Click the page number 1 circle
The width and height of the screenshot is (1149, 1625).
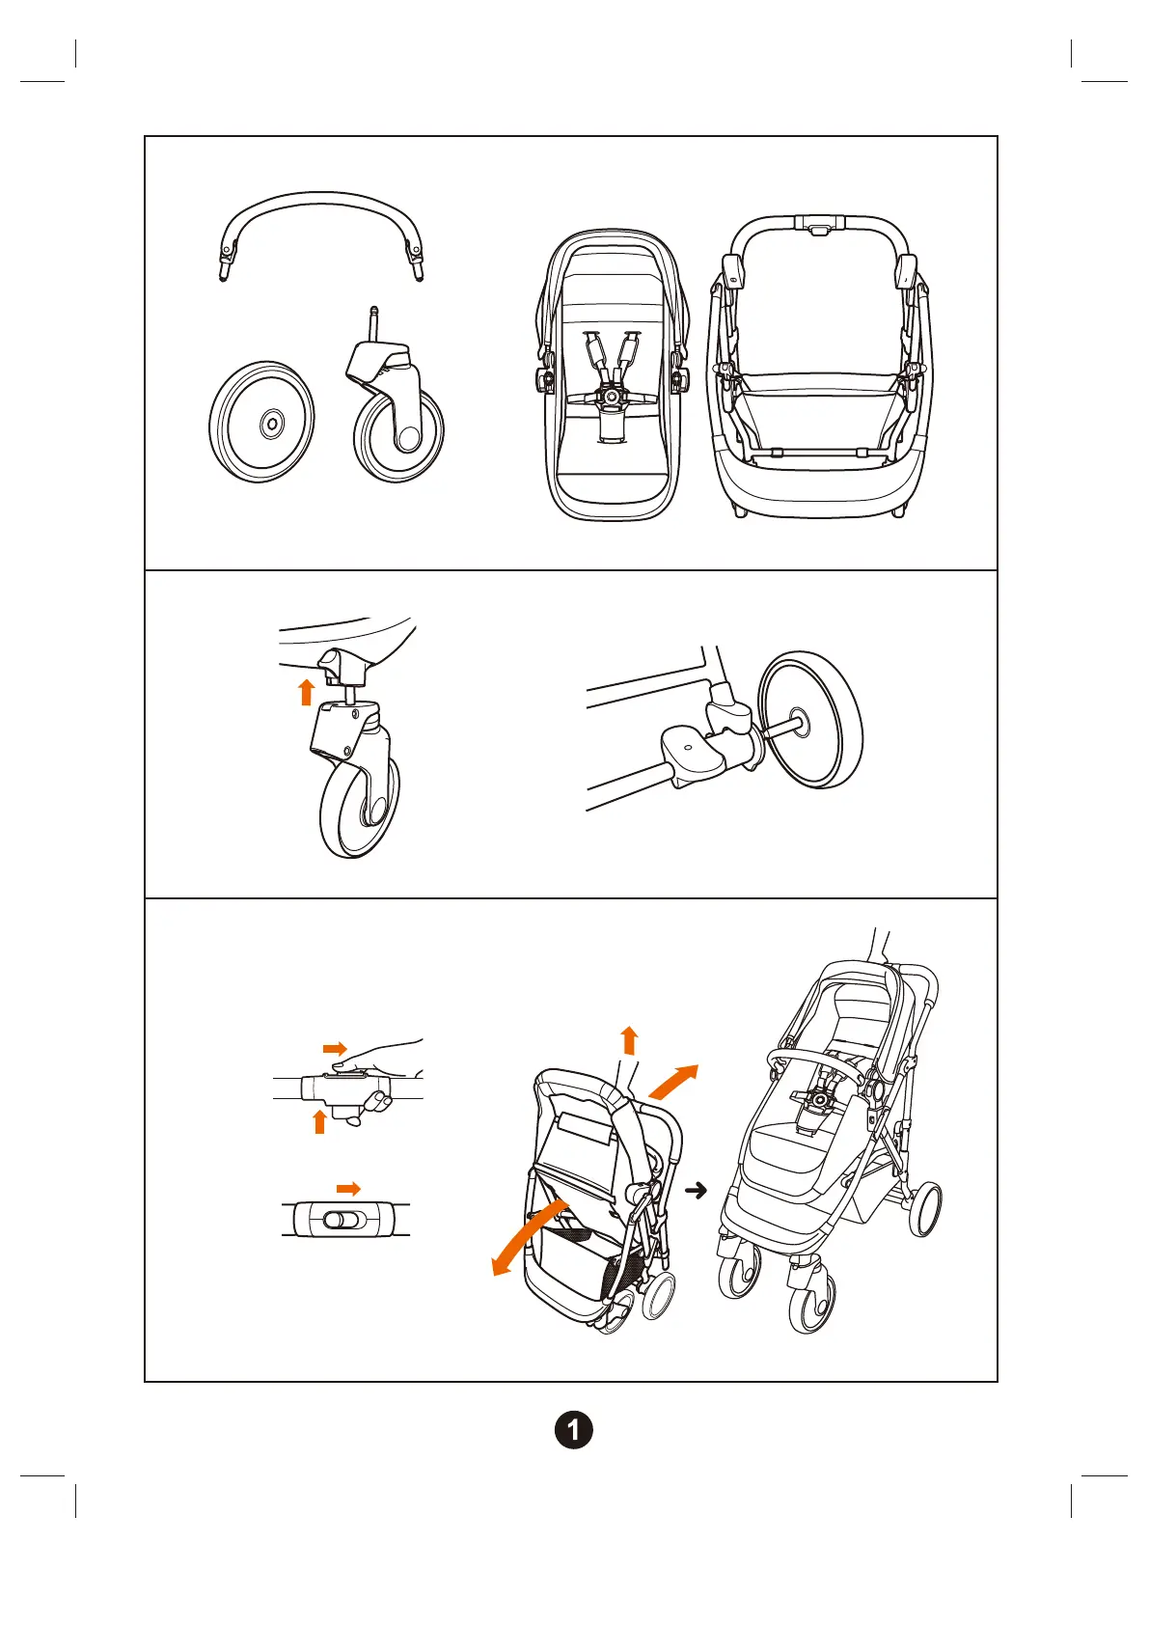(x=574, y=1429)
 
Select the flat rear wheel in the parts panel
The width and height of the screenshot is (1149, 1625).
(x=262, y=423)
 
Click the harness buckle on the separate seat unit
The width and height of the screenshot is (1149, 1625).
(x=610, y=395)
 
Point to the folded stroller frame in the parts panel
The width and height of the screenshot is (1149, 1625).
(x=818, y=367)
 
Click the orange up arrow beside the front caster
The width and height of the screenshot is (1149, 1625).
(x=307, y=691)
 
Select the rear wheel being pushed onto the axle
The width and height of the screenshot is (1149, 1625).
(x=810, y=718)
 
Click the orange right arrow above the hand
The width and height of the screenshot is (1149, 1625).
(x=335, y=1048)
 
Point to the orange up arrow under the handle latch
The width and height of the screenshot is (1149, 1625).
(x=319, y=1121)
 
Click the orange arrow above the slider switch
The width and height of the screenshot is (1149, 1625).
(x=348, y=1189)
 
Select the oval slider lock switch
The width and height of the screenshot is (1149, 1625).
(x=342, y=1221)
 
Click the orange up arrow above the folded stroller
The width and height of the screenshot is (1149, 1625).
(x=629, y=1040)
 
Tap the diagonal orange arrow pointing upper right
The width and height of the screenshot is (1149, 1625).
(x=672, y=1081)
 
